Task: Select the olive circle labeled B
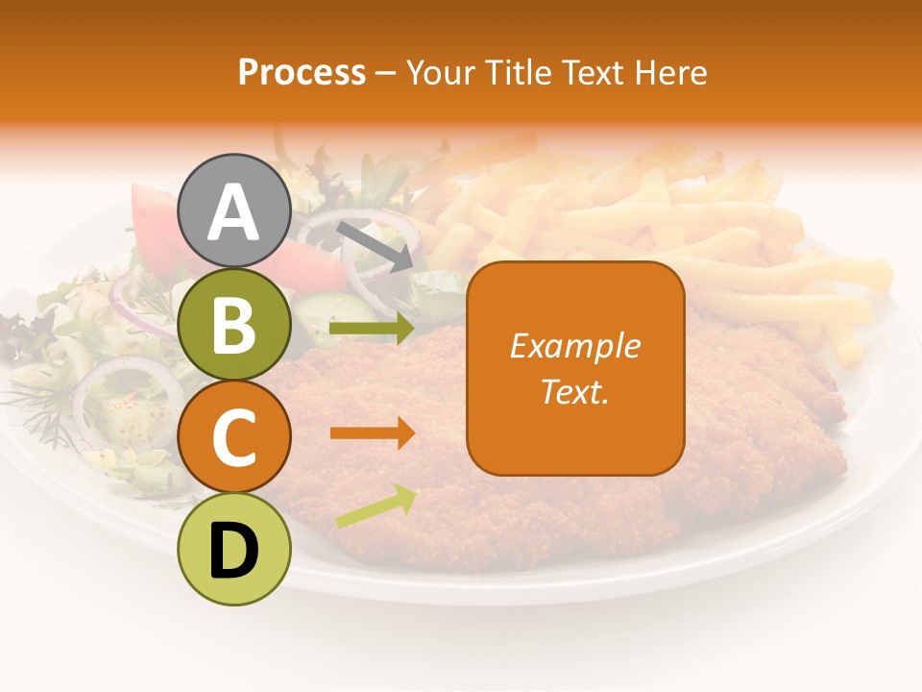tap(234, 325)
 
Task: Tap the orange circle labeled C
tap(234, 437)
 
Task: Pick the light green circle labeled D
tap(234, 548)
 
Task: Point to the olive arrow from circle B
tap(372, 329)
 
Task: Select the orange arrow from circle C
tap(372, 433)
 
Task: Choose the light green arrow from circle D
tap(376, 507)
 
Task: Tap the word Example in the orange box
tap(575, 346)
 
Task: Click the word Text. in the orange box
tap(575, 392)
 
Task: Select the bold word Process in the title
tap(302, 72)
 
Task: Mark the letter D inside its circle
tap(234, 551)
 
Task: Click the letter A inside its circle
tap(234, 213)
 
